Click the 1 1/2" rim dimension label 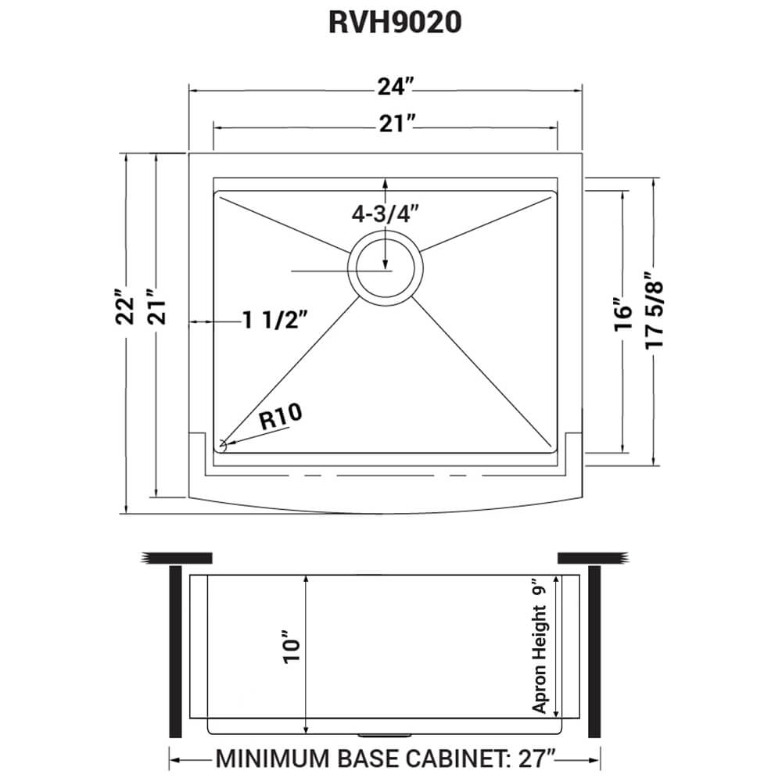tap(274, 319)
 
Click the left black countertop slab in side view tap(178, 558)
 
